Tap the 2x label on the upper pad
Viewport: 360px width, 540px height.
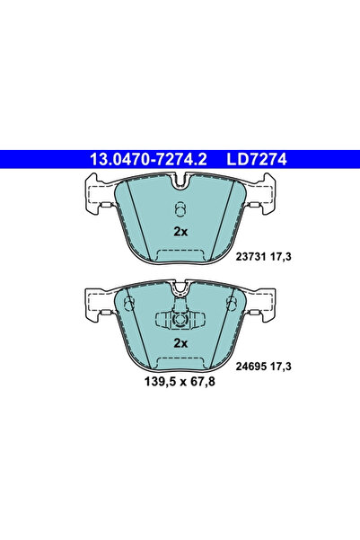click(180, 232)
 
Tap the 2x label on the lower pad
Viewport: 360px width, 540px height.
click(180, 343)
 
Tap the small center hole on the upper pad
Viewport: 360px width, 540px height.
click(180, 210)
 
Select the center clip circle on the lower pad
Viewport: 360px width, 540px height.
click(180, 320)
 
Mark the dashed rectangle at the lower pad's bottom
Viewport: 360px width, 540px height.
click(180, 361)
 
